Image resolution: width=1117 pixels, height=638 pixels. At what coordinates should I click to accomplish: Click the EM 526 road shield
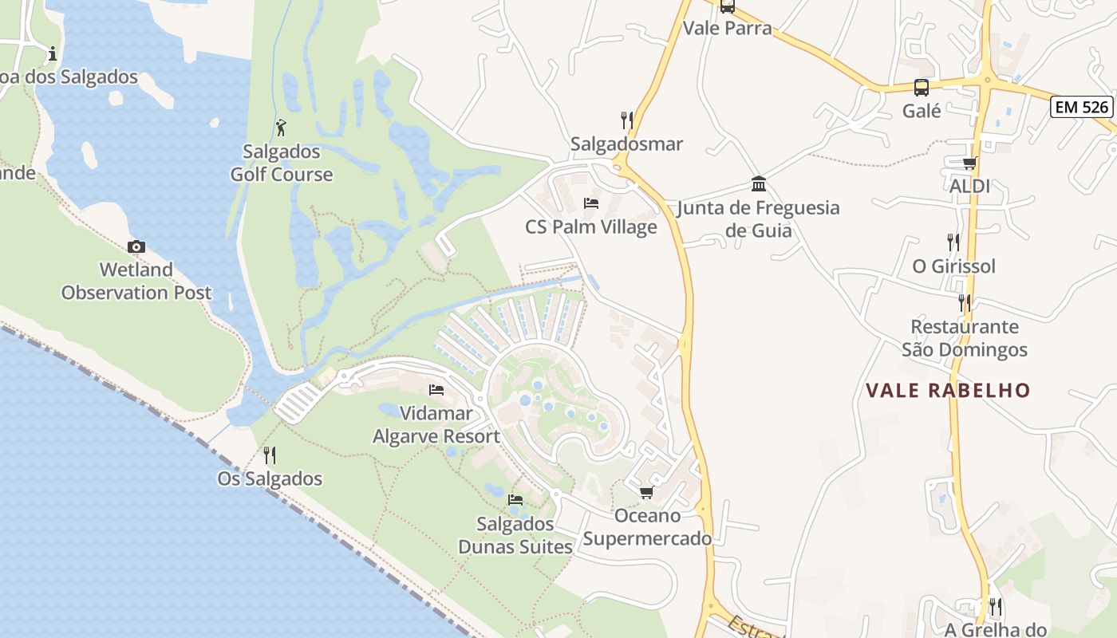coord(1081,106)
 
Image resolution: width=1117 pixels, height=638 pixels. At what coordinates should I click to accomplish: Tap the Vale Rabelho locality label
coord(949,391)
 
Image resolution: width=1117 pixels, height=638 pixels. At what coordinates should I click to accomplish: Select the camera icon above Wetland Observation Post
coord(136,246)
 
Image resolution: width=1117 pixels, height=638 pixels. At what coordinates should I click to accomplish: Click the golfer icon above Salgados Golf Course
coord(281,128)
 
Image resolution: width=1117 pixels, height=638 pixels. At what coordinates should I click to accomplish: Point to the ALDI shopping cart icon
coord(969,163)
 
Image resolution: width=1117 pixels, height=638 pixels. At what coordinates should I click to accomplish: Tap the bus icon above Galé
coord(922,88)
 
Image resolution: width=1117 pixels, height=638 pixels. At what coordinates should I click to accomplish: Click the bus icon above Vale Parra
coord(727,6)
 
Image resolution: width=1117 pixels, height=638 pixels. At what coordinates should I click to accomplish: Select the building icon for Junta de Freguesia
coord(759,184)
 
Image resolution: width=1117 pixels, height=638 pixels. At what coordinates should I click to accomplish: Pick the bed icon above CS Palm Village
coord(591,203)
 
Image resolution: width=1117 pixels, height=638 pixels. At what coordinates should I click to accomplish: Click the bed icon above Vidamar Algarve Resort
coord(436,390)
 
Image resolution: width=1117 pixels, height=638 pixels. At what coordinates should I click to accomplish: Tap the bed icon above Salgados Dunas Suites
coord(515,500)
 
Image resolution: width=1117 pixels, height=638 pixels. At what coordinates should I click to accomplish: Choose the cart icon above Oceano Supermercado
coord(646,492)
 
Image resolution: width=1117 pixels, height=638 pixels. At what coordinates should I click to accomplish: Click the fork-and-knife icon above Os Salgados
coord(270,455)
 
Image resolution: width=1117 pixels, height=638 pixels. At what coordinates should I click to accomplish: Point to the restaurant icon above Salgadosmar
coord(627,120)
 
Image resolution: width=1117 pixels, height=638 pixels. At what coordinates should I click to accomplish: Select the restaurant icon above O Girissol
coord(953,242)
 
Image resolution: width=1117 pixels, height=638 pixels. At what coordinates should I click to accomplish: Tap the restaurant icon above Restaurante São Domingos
coord(965,303)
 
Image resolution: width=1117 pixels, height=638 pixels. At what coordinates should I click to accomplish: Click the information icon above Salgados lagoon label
coord(53,53)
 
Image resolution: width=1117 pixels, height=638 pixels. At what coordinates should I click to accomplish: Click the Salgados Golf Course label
coord(282,163)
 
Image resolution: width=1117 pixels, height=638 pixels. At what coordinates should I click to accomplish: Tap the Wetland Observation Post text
coord(136,282)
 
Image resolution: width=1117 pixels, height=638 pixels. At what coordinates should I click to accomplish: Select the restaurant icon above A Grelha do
coord(995,607)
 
